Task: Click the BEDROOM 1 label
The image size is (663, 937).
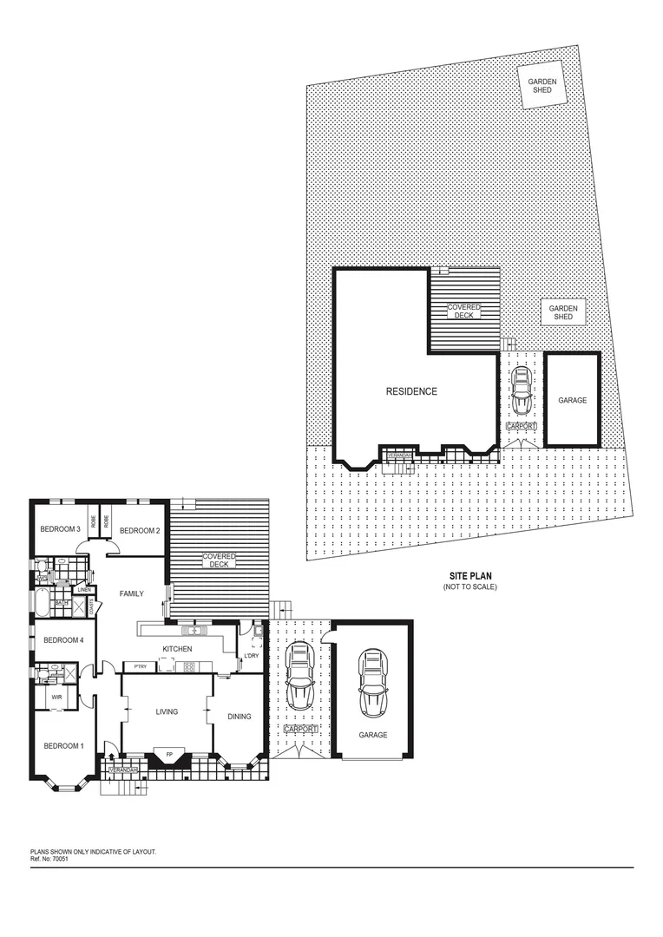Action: [64, 745]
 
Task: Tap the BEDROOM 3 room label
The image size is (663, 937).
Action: [60, 530]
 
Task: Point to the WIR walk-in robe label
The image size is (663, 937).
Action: [57, 697]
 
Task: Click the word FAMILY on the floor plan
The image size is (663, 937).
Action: [132, 593]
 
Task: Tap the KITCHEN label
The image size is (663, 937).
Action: [177, 649]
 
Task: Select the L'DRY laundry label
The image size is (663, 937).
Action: [252, 655]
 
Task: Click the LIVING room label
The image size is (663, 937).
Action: [167, 711]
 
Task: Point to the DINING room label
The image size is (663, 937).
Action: [240, 717]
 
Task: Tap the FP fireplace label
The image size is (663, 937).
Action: [169, 753]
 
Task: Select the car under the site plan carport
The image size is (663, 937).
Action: [522, 392]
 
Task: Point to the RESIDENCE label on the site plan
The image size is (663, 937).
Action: [411, 391]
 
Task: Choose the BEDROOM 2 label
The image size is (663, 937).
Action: [140, 530]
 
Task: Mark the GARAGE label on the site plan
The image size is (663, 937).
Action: [572, 400]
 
